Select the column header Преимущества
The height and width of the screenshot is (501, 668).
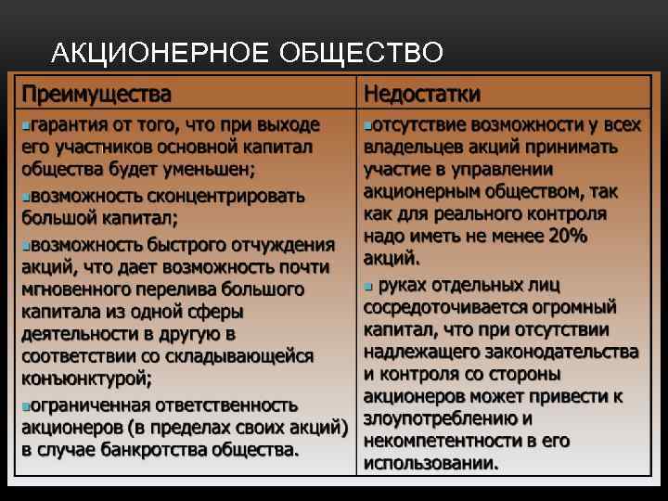pyautogui.click(x=96, y=95)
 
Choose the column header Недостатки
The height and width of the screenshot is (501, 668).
pyautogui.click(x=422, y=95)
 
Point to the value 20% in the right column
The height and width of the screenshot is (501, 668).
pyautogui.click(x=569, y=236)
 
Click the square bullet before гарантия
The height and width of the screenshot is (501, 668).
pyautogui.click(x=25, y=125)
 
